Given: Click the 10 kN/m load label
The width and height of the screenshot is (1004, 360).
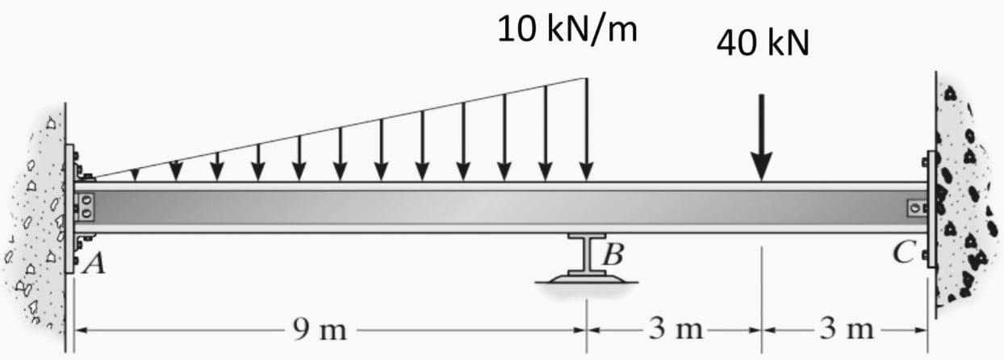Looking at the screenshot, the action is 567,30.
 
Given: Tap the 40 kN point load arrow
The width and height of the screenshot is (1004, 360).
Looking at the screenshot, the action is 761,137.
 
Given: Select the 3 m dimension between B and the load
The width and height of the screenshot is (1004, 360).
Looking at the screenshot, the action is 675,329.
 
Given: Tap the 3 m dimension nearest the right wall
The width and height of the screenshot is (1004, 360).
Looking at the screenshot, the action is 846,329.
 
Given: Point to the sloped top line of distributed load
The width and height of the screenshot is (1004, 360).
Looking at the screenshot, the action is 339,128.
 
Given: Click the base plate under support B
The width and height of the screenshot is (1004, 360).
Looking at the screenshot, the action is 587,279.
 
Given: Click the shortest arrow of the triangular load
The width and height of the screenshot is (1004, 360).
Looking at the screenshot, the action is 135,174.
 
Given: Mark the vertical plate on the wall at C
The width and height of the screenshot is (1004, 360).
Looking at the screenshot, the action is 932,208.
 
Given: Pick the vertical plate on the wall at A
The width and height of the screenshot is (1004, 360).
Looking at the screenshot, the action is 69,208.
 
